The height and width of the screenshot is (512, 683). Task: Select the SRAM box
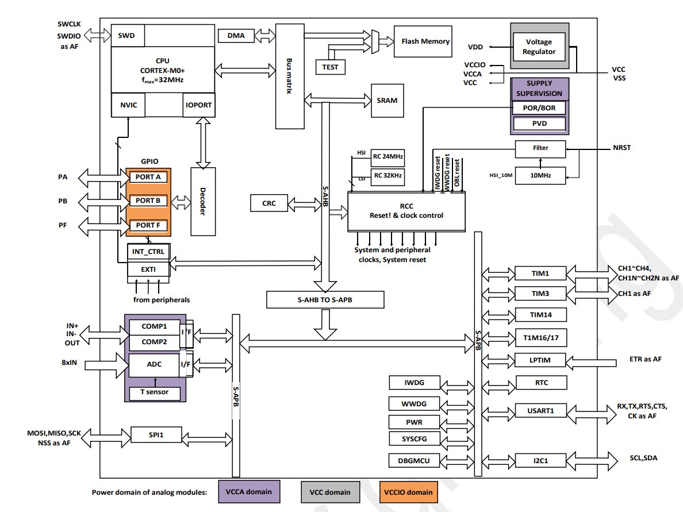tap(387, 100)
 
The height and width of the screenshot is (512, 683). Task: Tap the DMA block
tap(236, 36)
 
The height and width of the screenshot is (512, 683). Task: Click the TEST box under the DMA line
tap(330, 67)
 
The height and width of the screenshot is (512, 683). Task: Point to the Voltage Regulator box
tap(539, 47)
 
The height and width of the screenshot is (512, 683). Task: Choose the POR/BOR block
tap(539, 108)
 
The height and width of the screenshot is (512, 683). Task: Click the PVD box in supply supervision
tap(539, 124)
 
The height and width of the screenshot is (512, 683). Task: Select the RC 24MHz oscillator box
tap(387, 156)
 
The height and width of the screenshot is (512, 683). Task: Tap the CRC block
tap(268, 203)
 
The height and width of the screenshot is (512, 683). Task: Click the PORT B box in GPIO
tap(148, 201)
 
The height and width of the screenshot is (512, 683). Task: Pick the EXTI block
tap(148, 268)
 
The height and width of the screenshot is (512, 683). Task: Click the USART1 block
tap(540, 411)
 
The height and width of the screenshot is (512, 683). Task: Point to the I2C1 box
tap(540, 460)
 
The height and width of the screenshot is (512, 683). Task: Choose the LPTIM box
tap(540, 360)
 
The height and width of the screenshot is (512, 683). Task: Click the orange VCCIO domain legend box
tap(408, 492)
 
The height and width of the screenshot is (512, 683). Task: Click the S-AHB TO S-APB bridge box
tap(325, 299)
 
